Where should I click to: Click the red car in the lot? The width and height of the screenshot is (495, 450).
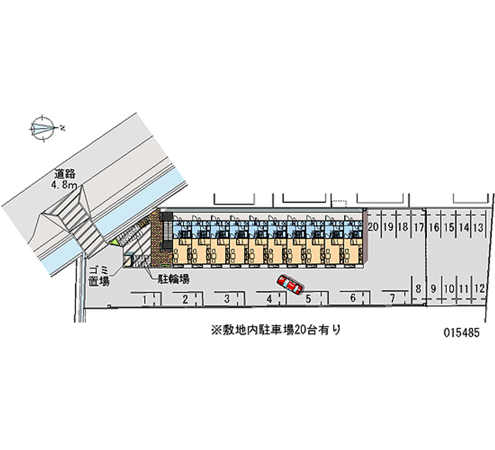290,284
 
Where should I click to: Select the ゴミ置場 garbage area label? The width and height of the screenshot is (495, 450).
98,274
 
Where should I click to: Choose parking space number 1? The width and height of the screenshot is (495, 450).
144,300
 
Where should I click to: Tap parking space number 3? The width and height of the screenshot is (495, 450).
226,300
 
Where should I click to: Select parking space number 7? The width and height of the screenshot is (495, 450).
392,298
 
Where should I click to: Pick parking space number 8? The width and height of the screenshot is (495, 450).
419,288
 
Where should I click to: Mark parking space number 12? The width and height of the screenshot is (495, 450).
479,288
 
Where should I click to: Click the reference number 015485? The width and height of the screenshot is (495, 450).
463,331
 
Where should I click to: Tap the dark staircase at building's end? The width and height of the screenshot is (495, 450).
166,235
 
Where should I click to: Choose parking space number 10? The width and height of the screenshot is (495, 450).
449,288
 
